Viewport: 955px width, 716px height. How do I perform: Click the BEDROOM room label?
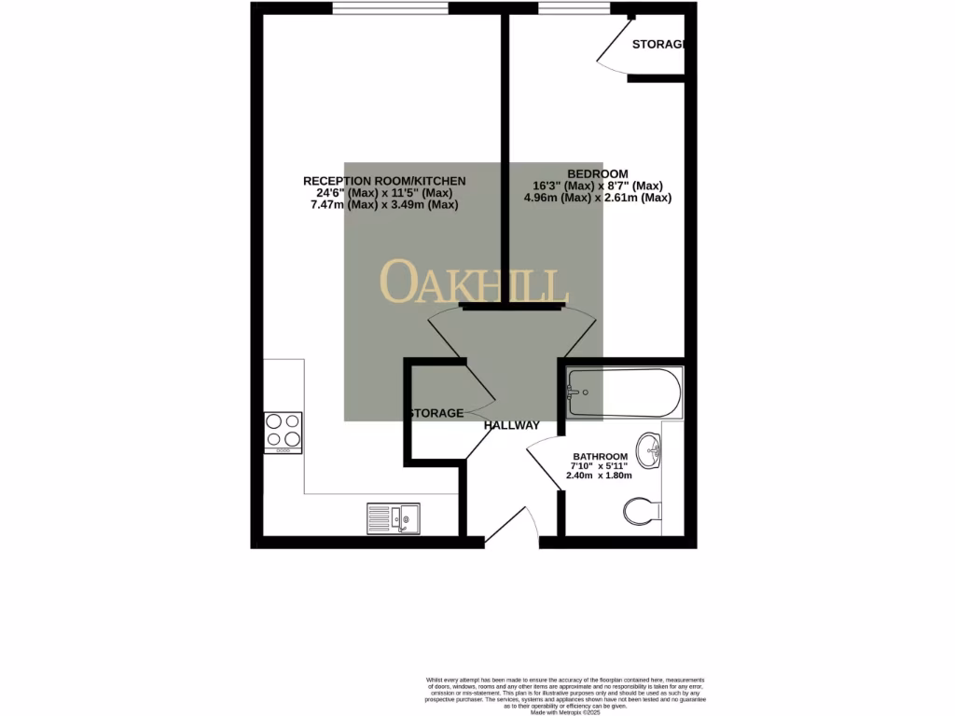pyautogui.click(x=598, y=173)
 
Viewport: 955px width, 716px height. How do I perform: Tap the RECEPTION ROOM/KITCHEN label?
pyautogui.click(x=384, y=180)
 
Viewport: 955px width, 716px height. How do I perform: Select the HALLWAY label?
pyautogui.click(x=511, y=426)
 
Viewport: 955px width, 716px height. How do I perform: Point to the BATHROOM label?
pyautogui.click(x=600, y=456)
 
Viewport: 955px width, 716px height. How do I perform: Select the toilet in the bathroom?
pyautogui.click(x=643, y=511)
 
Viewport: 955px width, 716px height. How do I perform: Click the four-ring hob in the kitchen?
pyautogui.click(x=284, y=432)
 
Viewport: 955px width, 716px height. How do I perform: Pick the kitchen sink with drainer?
pyautogui.click(x=393, y=518)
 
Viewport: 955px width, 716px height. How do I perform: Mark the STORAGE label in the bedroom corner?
pyautogui.click(x=658, y=45)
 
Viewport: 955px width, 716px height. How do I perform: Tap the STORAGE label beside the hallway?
pyautogui.click(x=434, y=413)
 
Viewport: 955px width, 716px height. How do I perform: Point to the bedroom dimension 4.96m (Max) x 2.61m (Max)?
pyautogui.click(x=598, y=198)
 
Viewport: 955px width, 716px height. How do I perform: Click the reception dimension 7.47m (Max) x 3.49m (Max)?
pyautogui.click(x=384, y=205)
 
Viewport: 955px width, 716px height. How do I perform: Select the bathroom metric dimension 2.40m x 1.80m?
pyautogui.click(x=600, y=475)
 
